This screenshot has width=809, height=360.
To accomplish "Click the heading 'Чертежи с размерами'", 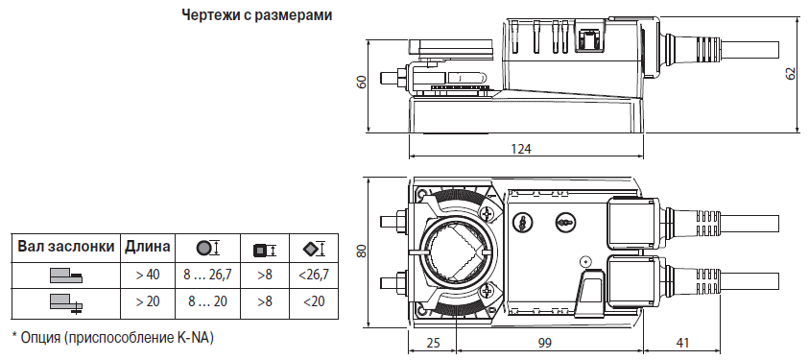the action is [x=256, y=15].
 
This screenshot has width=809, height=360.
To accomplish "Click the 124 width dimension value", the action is [x=521, y=149].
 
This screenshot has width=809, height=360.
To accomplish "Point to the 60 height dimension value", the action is [x=362, y=82].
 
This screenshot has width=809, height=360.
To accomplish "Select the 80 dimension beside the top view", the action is [x=362, y=251].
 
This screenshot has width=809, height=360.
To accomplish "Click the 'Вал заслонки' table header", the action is [x=66, y=247].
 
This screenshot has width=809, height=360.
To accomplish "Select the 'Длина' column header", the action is [x=147, y=247].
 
